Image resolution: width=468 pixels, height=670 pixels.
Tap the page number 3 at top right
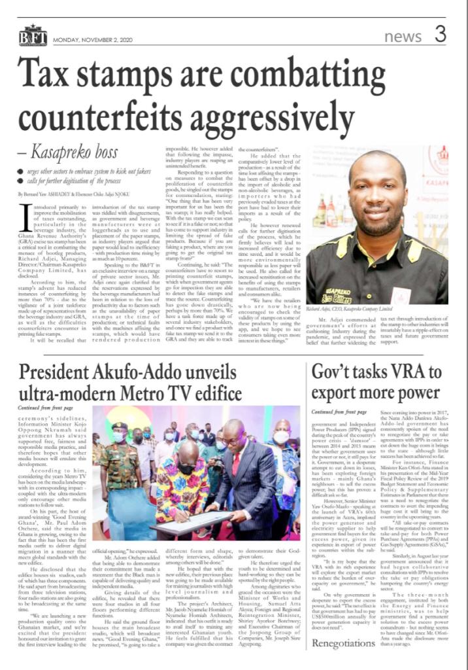(x=440, y=33)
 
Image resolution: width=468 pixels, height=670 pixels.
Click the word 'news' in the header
(x=403, y=37)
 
